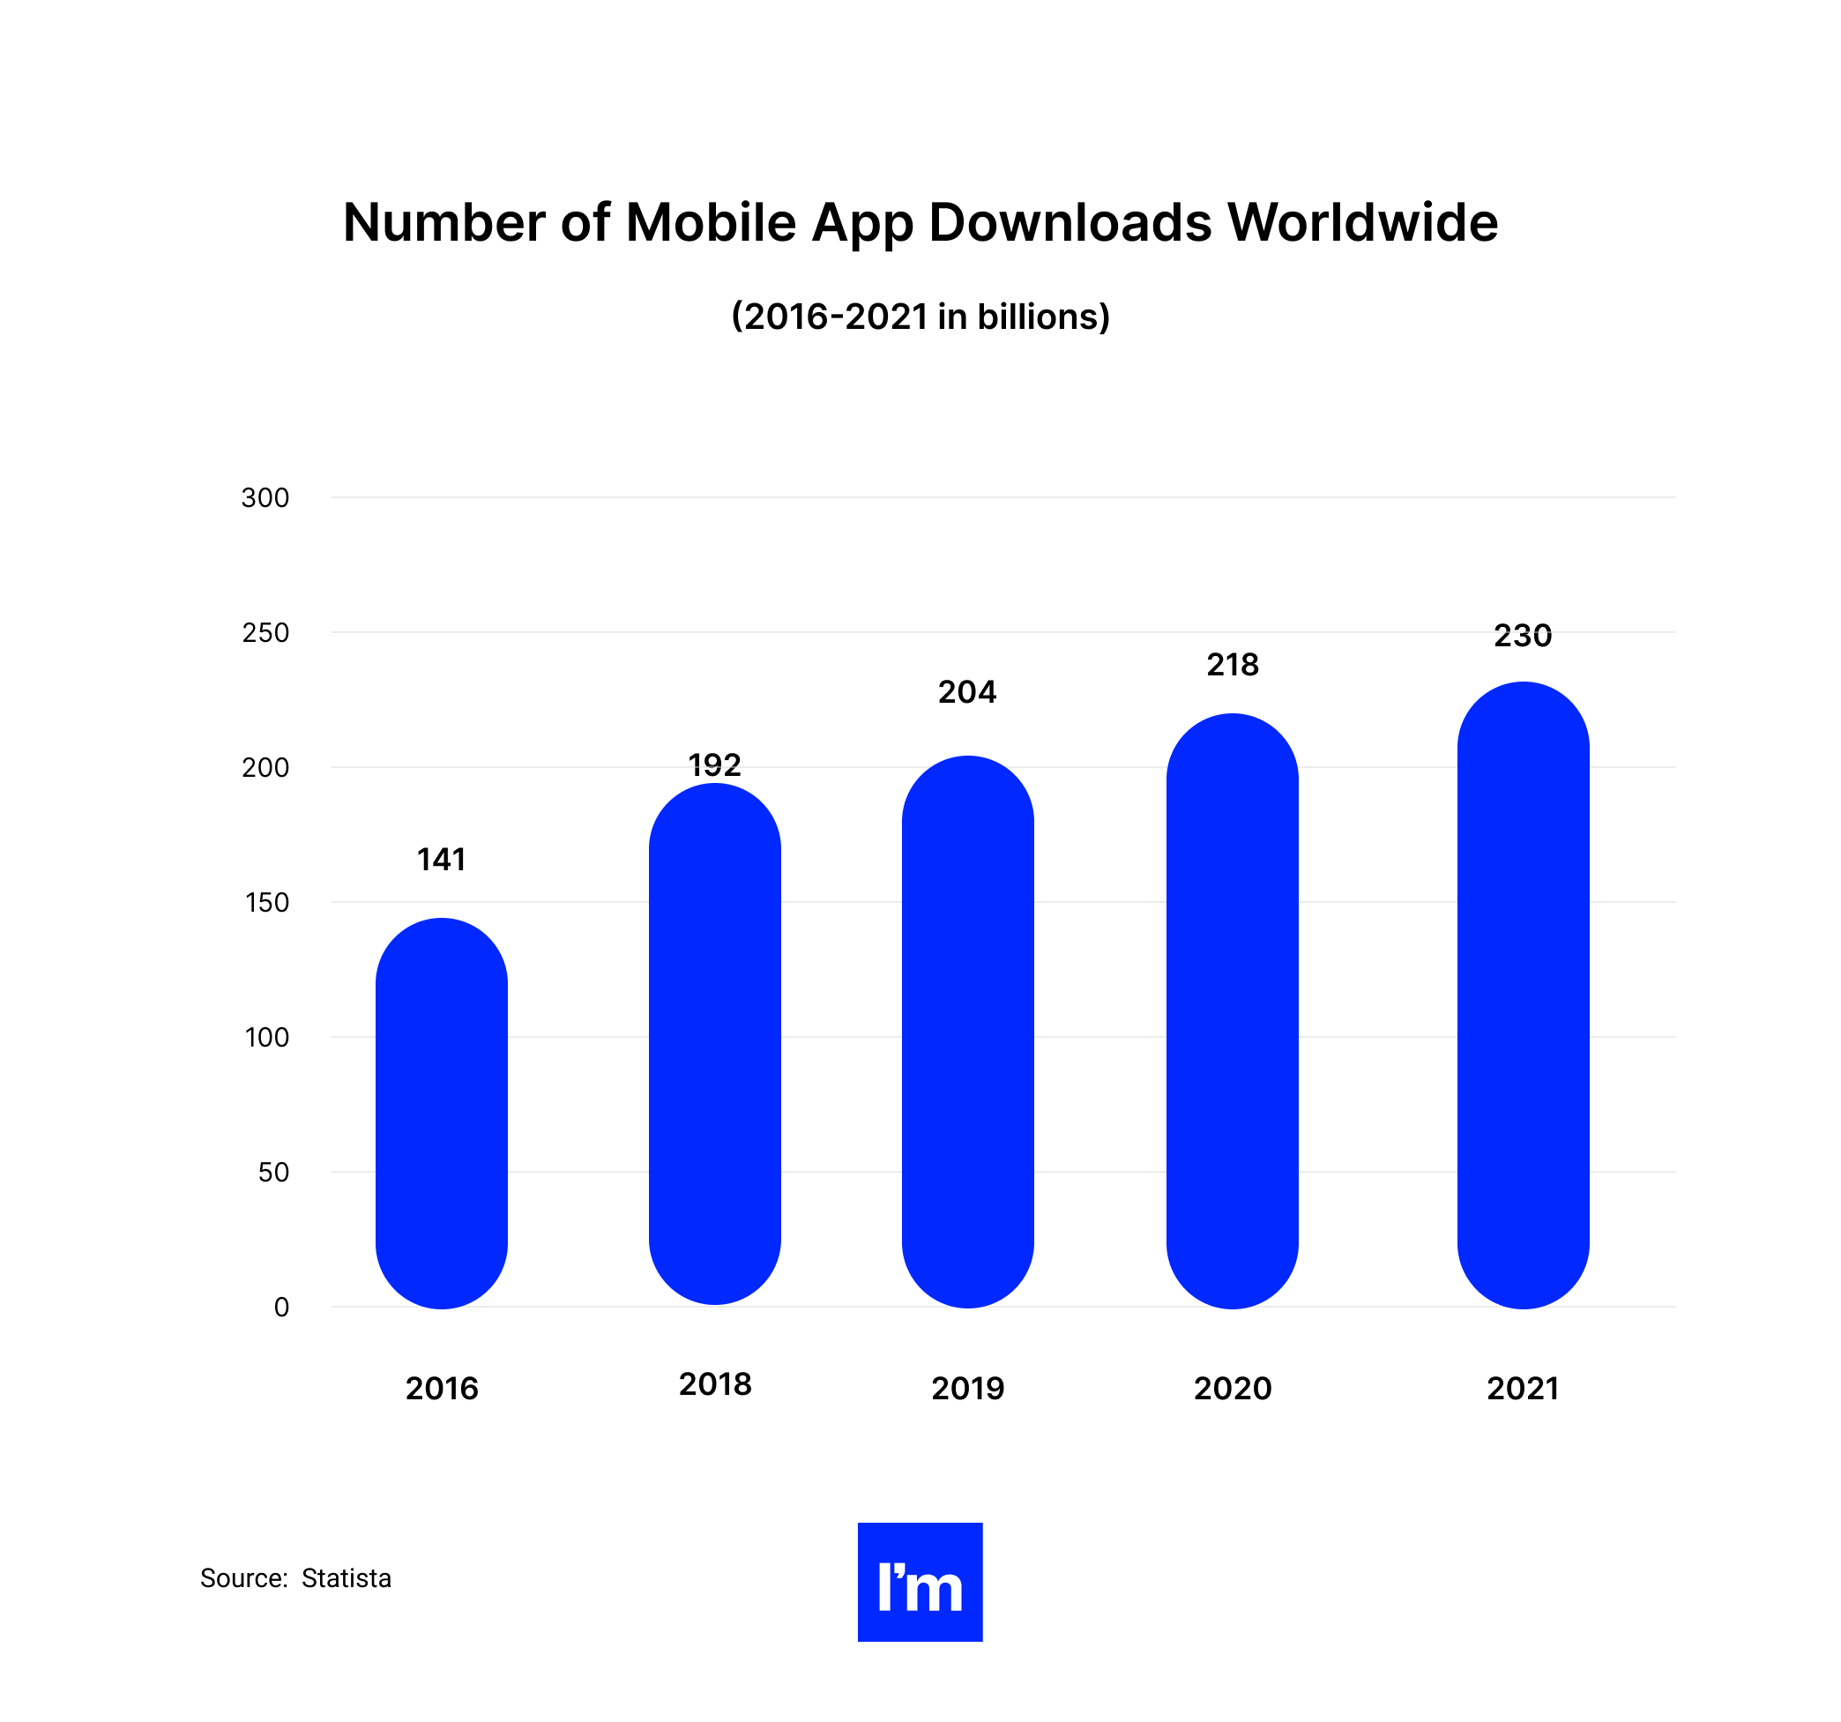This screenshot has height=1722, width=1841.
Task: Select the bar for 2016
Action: point(442,1113)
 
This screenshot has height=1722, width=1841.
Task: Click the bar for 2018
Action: point(715,1043)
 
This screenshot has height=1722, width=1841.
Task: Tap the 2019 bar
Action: point(968,1031)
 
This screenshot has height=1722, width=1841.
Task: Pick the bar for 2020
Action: point(1232,1010)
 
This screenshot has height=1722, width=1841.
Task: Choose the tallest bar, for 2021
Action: point(1524,995)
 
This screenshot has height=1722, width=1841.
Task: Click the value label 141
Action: point(442,860)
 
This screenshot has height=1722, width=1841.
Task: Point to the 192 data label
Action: point(715,764)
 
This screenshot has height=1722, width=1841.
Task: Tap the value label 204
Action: point(968,692)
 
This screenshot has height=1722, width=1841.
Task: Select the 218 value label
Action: point(1233,664)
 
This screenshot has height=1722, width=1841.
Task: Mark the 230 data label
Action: point(1524,636)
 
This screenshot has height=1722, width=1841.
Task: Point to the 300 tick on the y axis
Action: point(265,498)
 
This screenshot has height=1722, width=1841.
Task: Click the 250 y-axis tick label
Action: point(265,633)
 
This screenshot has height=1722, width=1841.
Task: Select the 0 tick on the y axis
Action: point(281,1307)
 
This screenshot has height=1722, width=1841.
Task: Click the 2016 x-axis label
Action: point(442,1389)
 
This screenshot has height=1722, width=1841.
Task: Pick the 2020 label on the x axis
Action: point(1233,1389)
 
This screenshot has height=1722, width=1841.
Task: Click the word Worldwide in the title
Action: point(1362,222)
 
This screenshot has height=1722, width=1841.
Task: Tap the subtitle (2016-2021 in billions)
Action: point(920,317)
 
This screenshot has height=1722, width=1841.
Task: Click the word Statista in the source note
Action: point(347,1578)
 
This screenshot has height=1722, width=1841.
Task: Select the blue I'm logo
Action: point(920,1582)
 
